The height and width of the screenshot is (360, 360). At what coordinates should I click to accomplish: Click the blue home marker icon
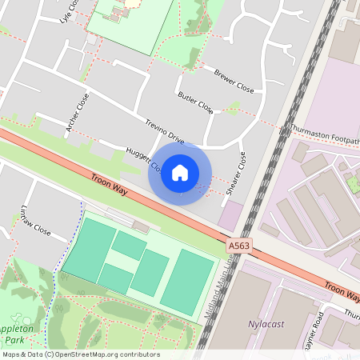tap(180, 172)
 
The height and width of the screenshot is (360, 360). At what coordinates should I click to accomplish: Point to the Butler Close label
tap(195, 101)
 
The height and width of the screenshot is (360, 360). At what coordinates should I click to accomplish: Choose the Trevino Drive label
tap(165, 130)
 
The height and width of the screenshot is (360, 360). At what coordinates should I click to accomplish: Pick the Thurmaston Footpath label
tap(324, 134)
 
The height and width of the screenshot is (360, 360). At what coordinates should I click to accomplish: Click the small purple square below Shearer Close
tap(231, 214)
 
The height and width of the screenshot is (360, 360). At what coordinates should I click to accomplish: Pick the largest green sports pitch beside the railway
tap(190, 282)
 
